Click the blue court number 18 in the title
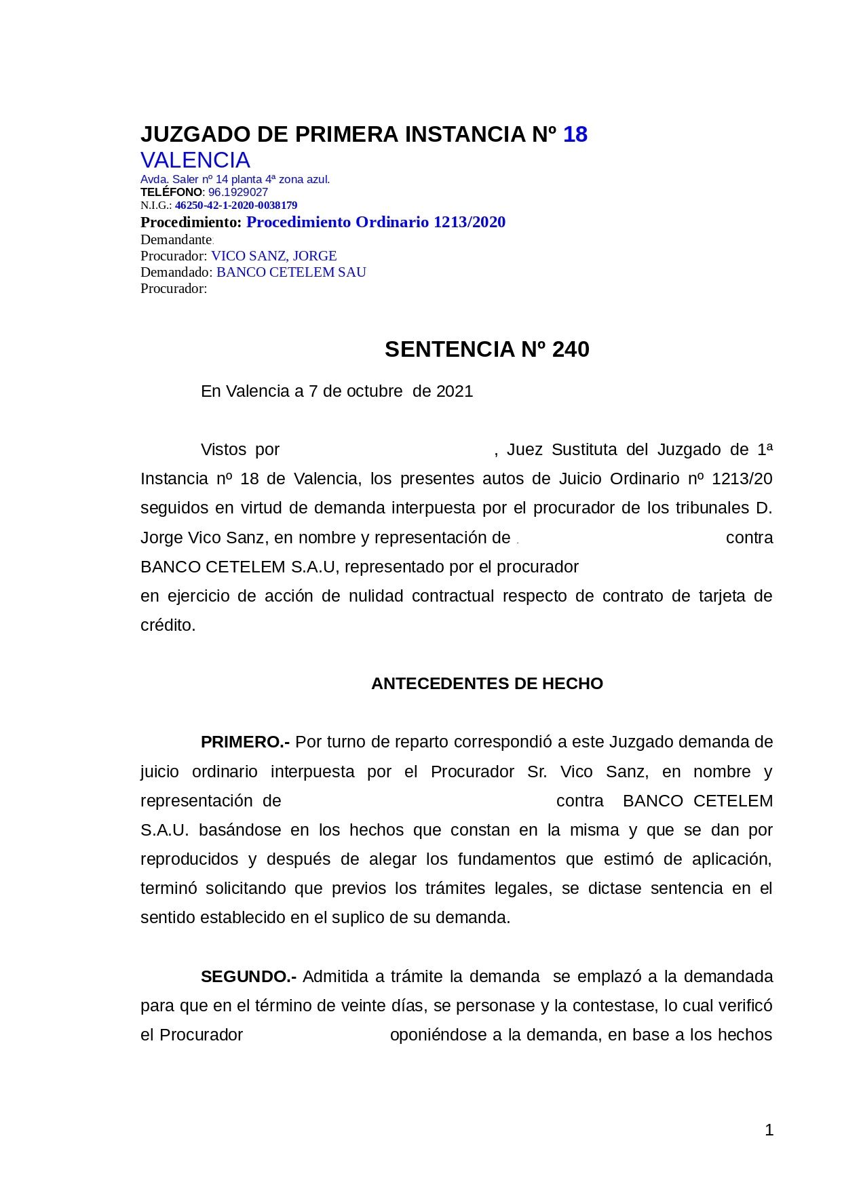(x=575, y=135)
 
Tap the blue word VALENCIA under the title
(x=195, y=160)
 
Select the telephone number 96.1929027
(x=238, y=192)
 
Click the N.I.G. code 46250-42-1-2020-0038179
(x=236, y=205)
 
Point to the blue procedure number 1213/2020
(x=470, y=222)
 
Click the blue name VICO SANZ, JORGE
(x=274, y=256)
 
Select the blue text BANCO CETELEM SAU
(x=291, y=272)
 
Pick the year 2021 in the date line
(x=455, y=391)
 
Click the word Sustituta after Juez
(x=584, y=450)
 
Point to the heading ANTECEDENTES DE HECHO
(x=486, y=684)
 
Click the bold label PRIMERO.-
(x=245, y=742)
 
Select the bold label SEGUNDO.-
(x=248, y=977)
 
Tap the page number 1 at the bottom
(x=769, y=1130)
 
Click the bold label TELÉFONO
(x=171, y=192)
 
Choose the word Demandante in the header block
(x=176, y=239)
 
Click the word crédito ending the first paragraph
(x=168, y=625)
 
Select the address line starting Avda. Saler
(x=235, y=179)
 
